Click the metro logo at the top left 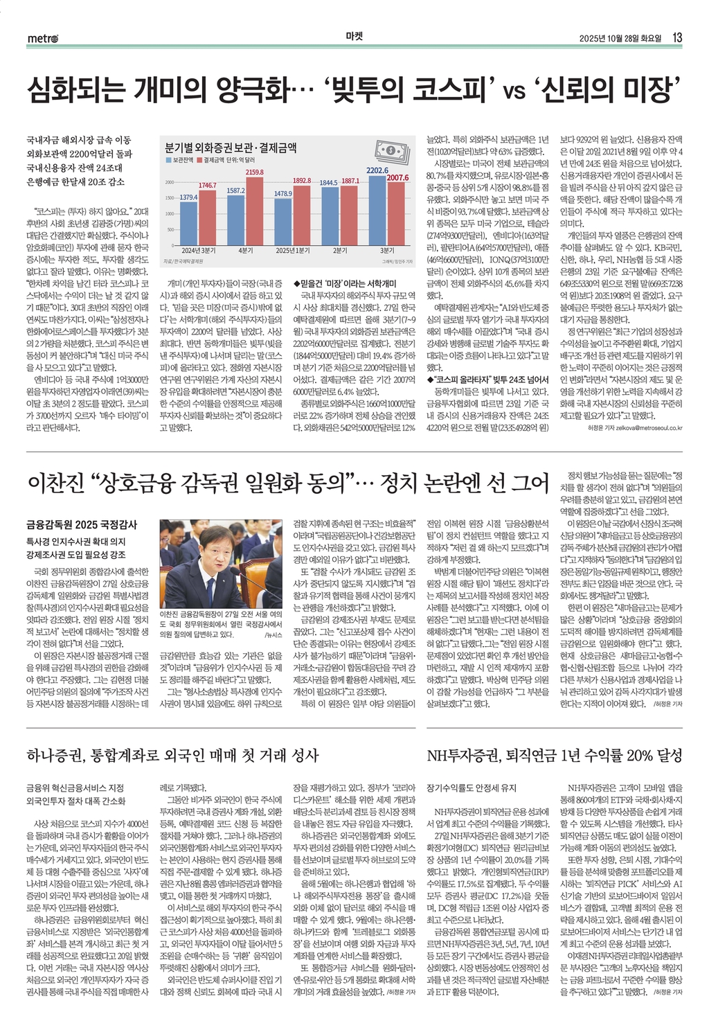(x=42, y=38)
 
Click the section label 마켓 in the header (x=354, y=37)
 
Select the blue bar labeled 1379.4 (x=188, y=222)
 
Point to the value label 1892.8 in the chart (x=302, y=180)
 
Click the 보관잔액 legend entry (x=181, y=160)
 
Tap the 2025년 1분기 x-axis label (x=292, y=250)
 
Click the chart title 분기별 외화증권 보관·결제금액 (x=231, y=148)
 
